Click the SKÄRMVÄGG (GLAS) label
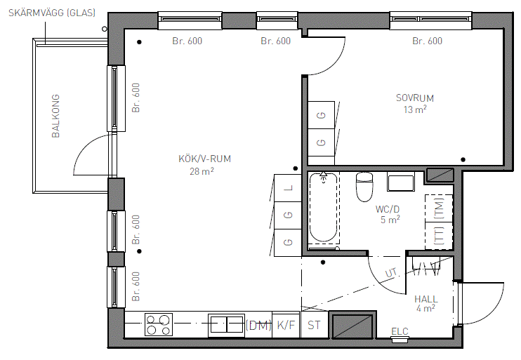(x=52, y=13)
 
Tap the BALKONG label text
(x=56, y=116)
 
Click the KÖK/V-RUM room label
(x=205, y=159)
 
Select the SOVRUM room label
(x=415, y=98)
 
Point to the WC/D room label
(x=388, y=209)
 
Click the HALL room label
(x=426, y=299)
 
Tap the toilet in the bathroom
(x=364, y=186)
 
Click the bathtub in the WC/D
(x=324, y=207)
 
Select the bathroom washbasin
(x=401, y=182)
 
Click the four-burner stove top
(x=159, y=324)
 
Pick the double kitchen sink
(x=227, y=324)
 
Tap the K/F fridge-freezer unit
(x=286, y=324)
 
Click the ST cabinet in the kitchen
(x=315, y=324)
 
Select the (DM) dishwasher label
(x=258, y=325)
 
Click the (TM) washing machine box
(x=439, y=208)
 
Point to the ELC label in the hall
(x=400, y=331)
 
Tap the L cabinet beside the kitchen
(x=288, y=187)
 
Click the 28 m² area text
(x=202, y=171)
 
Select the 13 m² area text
(x=415, y=109)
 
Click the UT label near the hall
(x=391, y=273)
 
